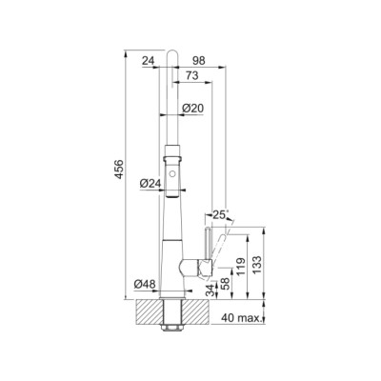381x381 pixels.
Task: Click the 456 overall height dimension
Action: coord(119,170)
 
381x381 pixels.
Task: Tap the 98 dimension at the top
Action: coord(199,60)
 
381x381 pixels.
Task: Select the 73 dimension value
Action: coord(191,75)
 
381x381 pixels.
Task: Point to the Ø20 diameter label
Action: coord(192,109)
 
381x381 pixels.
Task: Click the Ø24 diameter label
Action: coord(150,183)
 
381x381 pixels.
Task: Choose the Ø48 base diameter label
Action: coord(145,284)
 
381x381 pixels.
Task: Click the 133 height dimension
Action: coord(257,265)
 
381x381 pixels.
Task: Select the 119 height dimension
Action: coord(241,267)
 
